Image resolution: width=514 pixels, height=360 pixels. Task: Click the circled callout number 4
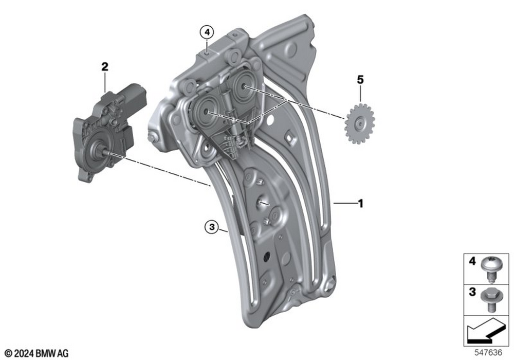[x=207, y=32]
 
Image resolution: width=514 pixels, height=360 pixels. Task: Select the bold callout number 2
[x=104, y=67]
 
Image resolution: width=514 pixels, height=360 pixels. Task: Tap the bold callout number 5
[x=360, y=80]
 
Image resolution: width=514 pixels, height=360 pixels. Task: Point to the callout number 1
[x=361, y=204]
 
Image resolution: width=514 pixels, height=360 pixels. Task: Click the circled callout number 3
[x=212, y=227]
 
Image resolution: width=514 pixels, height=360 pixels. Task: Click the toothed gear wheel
[x=360, y=123]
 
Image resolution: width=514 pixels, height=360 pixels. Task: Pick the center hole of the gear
[x=360, y=124]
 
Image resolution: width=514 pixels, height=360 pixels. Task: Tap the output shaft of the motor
[x=104, y=152]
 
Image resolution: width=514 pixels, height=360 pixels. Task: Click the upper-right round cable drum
[x=244, y=86]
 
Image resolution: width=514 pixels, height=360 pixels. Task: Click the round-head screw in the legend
[x=488, y=269]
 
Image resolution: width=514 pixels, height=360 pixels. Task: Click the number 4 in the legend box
[x=472, y=261]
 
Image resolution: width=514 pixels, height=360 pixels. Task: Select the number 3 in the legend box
[x=472, y=292]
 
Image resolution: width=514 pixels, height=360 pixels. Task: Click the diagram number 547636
[x=488, y=353]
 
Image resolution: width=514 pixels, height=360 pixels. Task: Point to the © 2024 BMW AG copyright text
[x=36, y=353]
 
